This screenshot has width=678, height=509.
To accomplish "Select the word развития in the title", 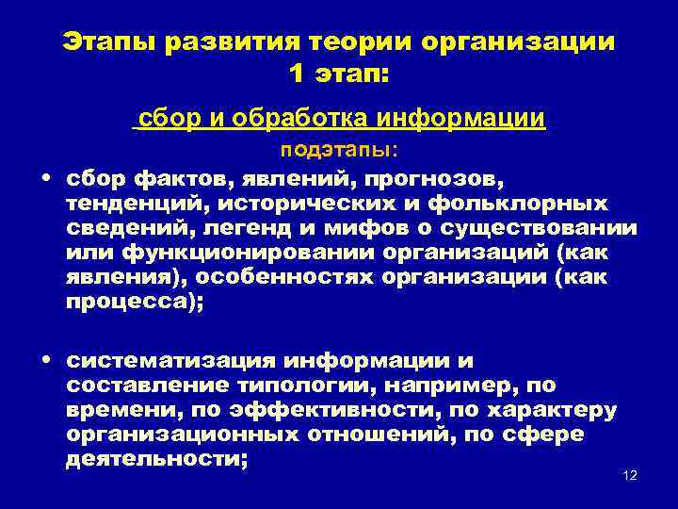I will click(230, 42).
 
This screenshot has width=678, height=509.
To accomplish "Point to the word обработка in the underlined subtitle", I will click(300, 120).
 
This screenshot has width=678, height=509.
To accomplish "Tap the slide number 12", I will click(631, 474).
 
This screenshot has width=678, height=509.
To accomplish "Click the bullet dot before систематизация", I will click(46, 361).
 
